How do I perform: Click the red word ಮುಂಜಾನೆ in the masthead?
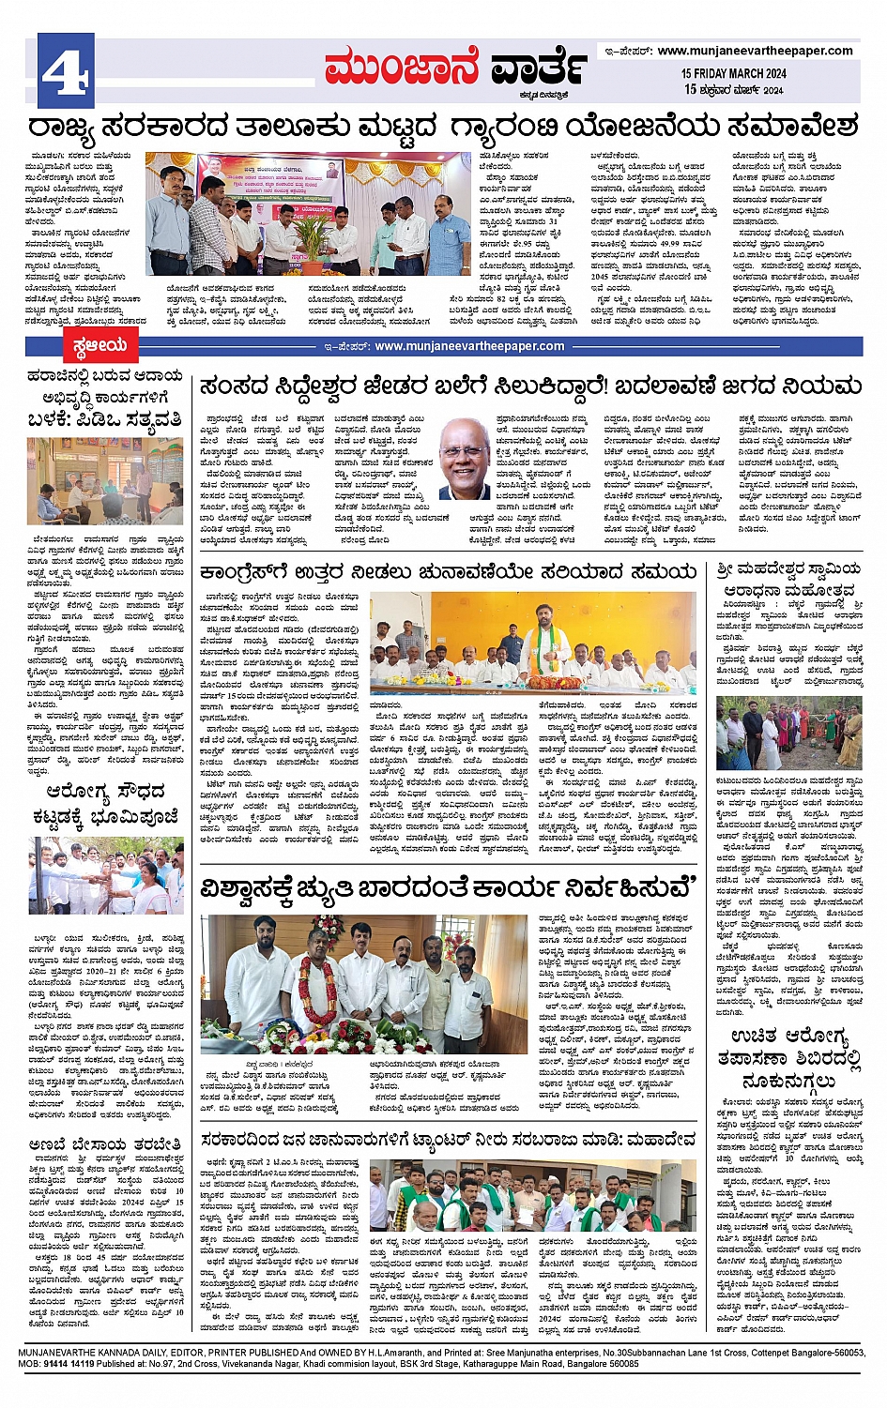pyautogui.click(x=402, y=68)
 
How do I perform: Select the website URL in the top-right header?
pyautogui.click(x=755, y=51)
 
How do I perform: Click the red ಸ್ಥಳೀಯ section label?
pyautogui.click(x=99, y=346)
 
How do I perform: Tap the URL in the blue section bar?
pyautogui.click(x=469, y=346)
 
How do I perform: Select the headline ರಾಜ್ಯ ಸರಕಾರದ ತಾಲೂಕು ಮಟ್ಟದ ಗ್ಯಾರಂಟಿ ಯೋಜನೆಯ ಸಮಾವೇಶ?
pyautogui.click(x=443, y=127)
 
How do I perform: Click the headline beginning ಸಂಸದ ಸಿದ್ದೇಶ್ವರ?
pyautogui.click(x=530, y=386)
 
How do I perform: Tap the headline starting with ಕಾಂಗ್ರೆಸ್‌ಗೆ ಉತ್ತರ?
pyautogui.click(x=448, y=571)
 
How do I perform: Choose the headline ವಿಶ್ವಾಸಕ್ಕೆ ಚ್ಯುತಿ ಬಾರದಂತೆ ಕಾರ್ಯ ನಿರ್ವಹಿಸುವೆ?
pyautogui.click(x=449, y=887)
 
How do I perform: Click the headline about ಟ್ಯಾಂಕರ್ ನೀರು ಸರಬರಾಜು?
pyautogui.click(x=449, y=1139)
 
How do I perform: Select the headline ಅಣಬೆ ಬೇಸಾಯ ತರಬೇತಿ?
pyautogui.click(x=104, y=1144)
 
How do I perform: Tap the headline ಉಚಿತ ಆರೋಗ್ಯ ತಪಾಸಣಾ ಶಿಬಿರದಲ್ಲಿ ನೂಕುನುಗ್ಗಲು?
pyautogui.click(x=788, y=1056)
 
